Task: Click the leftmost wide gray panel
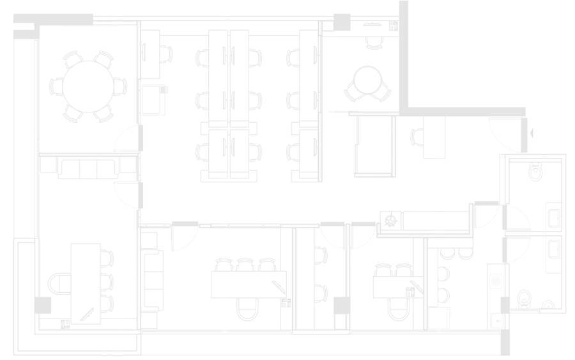click(59, 178)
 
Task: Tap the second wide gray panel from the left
click(172, 178)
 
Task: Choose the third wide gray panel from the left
click(279, 178)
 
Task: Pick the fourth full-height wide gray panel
click(385, 178)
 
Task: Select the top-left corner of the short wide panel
click(442, 105)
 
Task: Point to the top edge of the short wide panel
click(492, 104)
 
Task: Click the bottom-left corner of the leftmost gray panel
click(14, 354)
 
